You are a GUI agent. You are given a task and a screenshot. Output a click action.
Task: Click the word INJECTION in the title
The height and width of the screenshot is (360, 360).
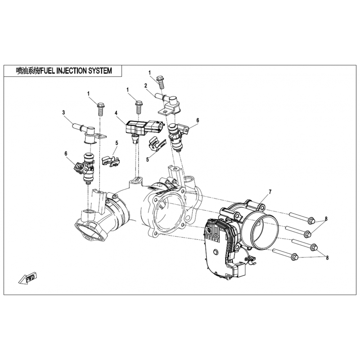(69, 71)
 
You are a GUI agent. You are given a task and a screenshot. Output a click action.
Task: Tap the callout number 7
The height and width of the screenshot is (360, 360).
(270, 192)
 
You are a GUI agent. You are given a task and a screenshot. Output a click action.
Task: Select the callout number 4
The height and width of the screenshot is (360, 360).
(116, 113)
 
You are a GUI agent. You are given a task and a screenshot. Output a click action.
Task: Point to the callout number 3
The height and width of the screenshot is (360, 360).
(63, 112)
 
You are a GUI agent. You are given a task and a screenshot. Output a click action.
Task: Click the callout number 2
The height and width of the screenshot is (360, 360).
(145, 85)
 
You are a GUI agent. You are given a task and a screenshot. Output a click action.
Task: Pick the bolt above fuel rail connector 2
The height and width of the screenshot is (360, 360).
(161, 82)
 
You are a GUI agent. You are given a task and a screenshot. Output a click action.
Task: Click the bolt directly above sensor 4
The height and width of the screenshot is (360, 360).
(139, 107)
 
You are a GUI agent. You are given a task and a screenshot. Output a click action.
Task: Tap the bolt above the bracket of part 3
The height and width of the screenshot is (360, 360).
(100, 109)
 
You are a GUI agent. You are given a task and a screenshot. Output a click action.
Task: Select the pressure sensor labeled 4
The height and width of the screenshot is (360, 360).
(144, 130)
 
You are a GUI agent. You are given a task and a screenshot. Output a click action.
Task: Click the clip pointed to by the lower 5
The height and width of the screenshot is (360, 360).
(157, 144)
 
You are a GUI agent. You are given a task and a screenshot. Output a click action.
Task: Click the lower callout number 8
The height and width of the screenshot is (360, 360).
(327, 257)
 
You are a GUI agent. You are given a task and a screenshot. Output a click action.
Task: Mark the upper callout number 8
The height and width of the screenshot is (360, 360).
(326, 218)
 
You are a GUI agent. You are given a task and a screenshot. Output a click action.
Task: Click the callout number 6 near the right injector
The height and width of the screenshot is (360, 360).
(198, 120)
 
